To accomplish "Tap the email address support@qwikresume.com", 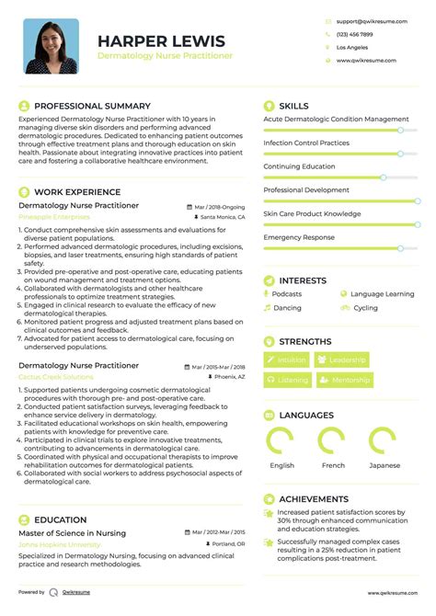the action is pyautogui.click(x=367, y=19).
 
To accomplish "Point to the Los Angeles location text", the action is pyautogui.click(x=351, y=47).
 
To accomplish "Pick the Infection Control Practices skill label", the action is pyautogui.click(x=306, y=143).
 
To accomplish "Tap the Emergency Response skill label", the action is pyautogui.click(x=299, y=237).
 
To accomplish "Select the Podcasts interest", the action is pyautogui.click(x=287, y=294).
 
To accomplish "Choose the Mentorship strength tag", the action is pyautogui.click(x=347, y=380).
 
